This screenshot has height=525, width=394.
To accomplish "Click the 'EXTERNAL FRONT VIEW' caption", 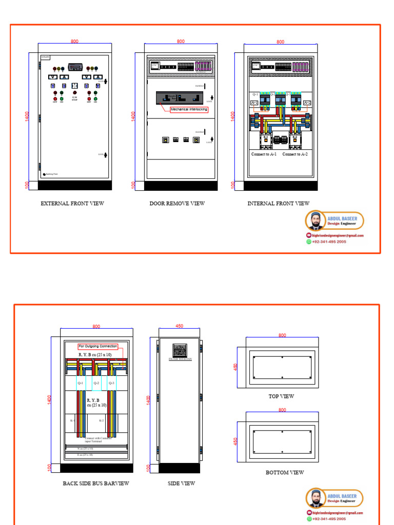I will click(72, 204).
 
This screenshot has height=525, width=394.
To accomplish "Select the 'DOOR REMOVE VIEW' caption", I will click(177, 204).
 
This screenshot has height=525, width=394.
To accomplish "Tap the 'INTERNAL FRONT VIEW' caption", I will click(279, 204).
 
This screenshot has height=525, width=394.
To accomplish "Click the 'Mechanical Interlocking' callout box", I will click(189, 109).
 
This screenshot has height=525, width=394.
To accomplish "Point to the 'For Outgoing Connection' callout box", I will click(98, 347).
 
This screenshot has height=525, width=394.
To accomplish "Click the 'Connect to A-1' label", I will click(264, 154).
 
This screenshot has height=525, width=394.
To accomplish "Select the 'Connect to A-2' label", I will click(295, 154).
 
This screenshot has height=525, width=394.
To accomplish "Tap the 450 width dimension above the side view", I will click(180, 326).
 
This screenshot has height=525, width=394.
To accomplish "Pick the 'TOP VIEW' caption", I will click(281, 396).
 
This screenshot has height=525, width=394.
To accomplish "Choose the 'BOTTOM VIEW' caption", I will click(285, 473).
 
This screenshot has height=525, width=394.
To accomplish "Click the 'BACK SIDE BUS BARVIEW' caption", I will click(96, 483).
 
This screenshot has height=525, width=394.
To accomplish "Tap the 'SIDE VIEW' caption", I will click(182, 483).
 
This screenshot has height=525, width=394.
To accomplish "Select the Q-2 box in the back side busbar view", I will click(96, 383).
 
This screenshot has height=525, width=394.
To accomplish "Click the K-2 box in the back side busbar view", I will click(101, 420).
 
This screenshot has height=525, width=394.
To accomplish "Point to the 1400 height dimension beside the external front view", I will click(27, 116).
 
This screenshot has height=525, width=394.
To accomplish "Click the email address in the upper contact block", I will click(338, 235).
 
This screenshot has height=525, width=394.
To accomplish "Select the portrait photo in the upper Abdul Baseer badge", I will click(316, 221).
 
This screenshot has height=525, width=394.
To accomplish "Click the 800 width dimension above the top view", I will click(282, 335).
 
